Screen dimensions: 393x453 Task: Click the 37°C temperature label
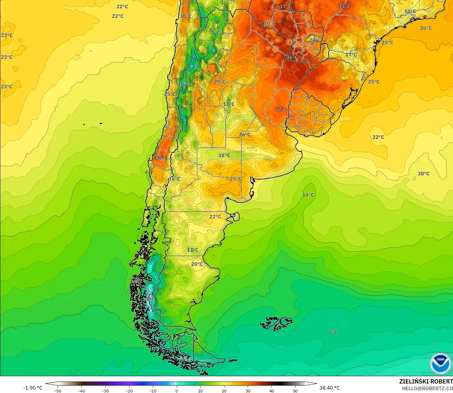(x=286, y=6)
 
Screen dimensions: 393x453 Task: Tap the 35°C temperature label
(x=344, y=6)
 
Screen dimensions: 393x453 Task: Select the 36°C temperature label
(x=292, y=57)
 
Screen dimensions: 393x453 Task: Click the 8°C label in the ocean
(x=333, y=332)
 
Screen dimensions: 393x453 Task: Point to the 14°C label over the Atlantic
(x=308, y=195)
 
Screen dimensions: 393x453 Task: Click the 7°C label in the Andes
(x=215, y=33)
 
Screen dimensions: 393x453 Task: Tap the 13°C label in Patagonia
(x=192, y=250)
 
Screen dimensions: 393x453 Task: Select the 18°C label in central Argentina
(x=224, y=155)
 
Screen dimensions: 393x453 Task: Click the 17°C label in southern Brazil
(x=351, y=55)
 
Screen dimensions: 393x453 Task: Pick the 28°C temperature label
(x=315, y=40)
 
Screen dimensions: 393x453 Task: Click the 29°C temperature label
(x=220, y=82)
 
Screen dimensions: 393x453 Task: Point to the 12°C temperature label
(x=229, y=104)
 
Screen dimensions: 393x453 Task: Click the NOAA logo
(x=440, y=363)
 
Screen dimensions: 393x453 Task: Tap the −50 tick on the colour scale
(x=57, y=390)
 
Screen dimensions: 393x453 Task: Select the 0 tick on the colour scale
(x=176, y=390)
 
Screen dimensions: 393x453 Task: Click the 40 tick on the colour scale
(x=271, y=390)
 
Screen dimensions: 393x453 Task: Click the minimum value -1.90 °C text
(x=33, y=388)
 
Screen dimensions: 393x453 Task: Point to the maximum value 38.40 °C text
(x=329, y=388)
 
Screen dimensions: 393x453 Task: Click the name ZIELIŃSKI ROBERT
(x=426, y=381)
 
